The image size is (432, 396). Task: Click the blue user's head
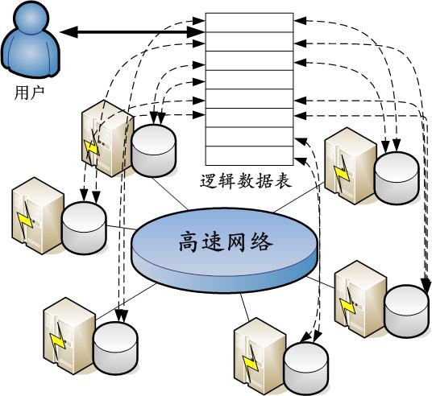tap(31, 19)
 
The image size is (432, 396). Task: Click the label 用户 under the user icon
tap(29, 93)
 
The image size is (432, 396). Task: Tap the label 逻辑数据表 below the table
tap(246, 181)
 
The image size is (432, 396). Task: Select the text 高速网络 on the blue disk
tap(226, 242)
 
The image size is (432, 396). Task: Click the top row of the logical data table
tap(249, 23)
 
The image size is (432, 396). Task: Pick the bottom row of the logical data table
tap(249, 156)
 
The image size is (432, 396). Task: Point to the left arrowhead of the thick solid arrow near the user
tap(69, 32)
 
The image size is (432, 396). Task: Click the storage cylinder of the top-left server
tap(153, 151)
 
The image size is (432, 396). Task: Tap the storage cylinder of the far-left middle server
tap(84, 228)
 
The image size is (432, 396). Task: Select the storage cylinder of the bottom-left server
tap(115, 348)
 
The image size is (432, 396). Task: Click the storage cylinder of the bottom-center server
tap(306, 369)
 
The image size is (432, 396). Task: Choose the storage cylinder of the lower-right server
tap(407, 311)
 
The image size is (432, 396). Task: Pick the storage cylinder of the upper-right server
tap(397, 178)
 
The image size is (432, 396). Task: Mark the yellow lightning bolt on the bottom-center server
tap(250, 362)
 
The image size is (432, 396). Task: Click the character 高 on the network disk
tap(189, 242)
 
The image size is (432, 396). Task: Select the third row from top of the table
tap(249, 60)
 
